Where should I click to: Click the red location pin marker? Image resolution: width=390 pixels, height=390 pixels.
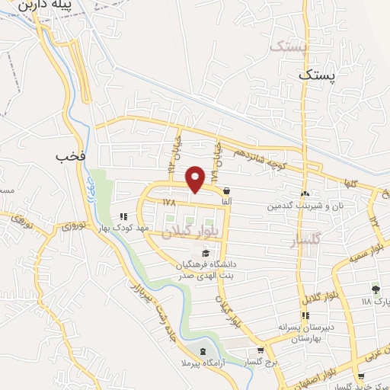coord(196,179)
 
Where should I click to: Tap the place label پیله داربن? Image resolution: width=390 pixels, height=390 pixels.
coord(66,5)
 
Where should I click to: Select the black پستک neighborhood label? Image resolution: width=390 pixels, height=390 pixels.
coord(316,75)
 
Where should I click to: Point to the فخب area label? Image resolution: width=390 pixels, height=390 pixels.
coord(67,157)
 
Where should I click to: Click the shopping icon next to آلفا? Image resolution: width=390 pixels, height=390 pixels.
coord(226,191)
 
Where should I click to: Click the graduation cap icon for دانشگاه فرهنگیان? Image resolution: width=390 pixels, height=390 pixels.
coord(203,253)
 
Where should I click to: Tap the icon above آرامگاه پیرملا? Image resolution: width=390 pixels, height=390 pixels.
coord(202,351)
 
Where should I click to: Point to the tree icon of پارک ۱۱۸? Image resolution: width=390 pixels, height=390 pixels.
coord(375,289)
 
